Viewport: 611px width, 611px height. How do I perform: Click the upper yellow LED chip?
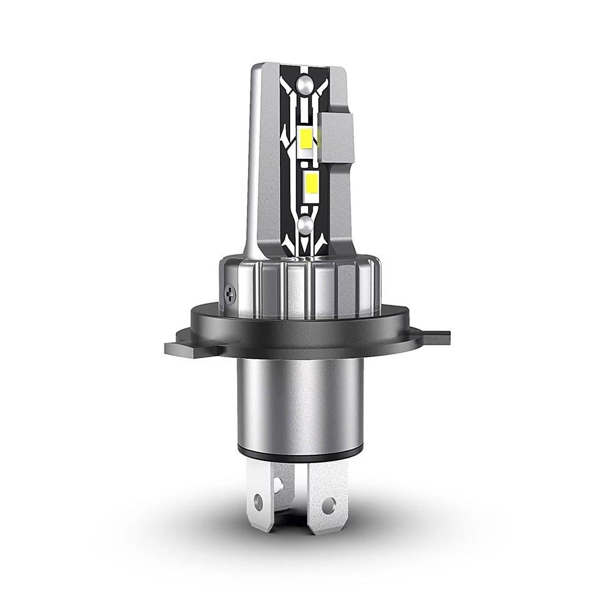tap(307, 139)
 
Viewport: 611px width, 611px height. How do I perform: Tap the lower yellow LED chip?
tap(311, 181)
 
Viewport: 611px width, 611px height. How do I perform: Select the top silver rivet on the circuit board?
tap(304, 83)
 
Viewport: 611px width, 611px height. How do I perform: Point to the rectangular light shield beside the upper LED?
tap(337, 137)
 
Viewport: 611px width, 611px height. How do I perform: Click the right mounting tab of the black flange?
tap(435, 337)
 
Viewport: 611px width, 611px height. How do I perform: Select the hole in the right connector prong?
tap(328, 505)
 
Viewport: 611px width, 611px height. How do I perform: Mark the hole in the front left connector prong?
tap(258, 502)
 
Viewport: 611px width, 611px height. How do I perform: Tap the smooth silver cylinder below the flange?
tap(299, 403)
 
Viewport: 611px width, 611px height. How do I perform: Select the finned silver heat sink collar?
tap(299, 287)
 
